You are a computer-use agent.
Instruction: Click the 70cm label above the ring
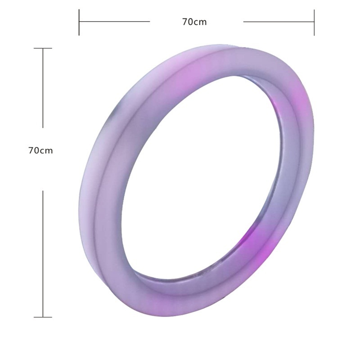[194, 22]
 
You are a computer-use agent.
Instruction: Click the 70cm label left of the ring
[40, 151]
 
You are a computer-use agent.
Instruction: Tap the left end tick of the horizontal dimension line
[79, 22]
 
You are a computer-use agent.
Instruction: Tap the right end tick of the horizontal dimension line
[314, 22]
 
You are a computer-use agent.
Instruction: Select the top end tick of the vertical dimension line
[43, 48]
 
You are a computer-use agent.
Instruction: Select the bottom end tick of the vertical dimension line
[43, 317]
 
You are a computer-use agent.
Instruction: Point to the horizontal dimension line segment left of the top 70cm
[114, 22]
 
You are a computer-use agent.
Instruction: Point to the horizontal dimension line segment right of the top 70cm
[279, 22]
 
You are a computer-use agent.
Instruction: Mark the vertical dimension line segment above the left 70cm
[43, 88]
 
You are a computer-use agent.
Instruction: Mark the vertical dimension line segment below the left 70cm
[43, 254]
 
